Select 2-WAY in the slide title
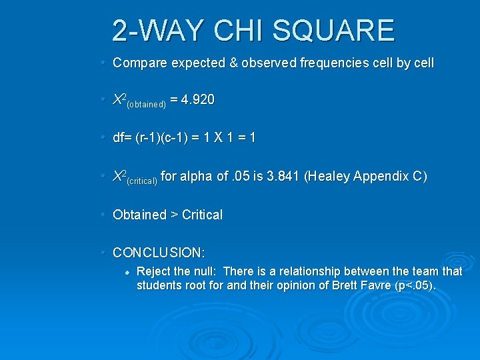[x=160, y=31]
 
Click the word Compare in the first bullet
[x=139, y=63]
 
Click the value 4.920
[x=198, y=100]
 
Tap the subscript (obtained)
[x=146, y=105]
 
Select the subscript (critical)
[x=141, y=181]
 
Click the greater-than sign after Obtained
[x=174, y=215]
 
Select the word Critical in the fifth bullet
[x=202, y=215]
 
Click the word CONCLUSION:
[x=159, y=253]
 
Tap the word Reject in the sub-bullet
[x=153, y=272]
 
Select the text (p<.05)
[x=416, y=286]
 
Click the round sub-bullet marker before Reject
[x=126, y=272]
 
